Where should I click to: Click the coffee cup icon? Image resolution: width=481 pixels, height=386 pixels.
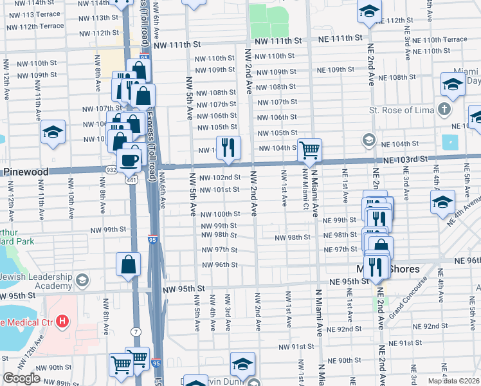(129, 159)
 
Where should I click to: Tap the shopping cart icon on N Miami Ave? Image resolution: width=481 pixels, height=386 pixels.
(309, 150)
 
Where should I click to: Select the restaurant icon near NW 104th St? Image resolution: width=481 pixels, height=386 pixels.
(228, 147)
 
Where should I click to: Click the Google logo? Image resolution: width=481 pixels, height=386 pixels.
(21, 378)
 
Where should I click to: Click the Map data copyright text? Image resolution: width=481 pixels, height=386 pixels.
(453, 381)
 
